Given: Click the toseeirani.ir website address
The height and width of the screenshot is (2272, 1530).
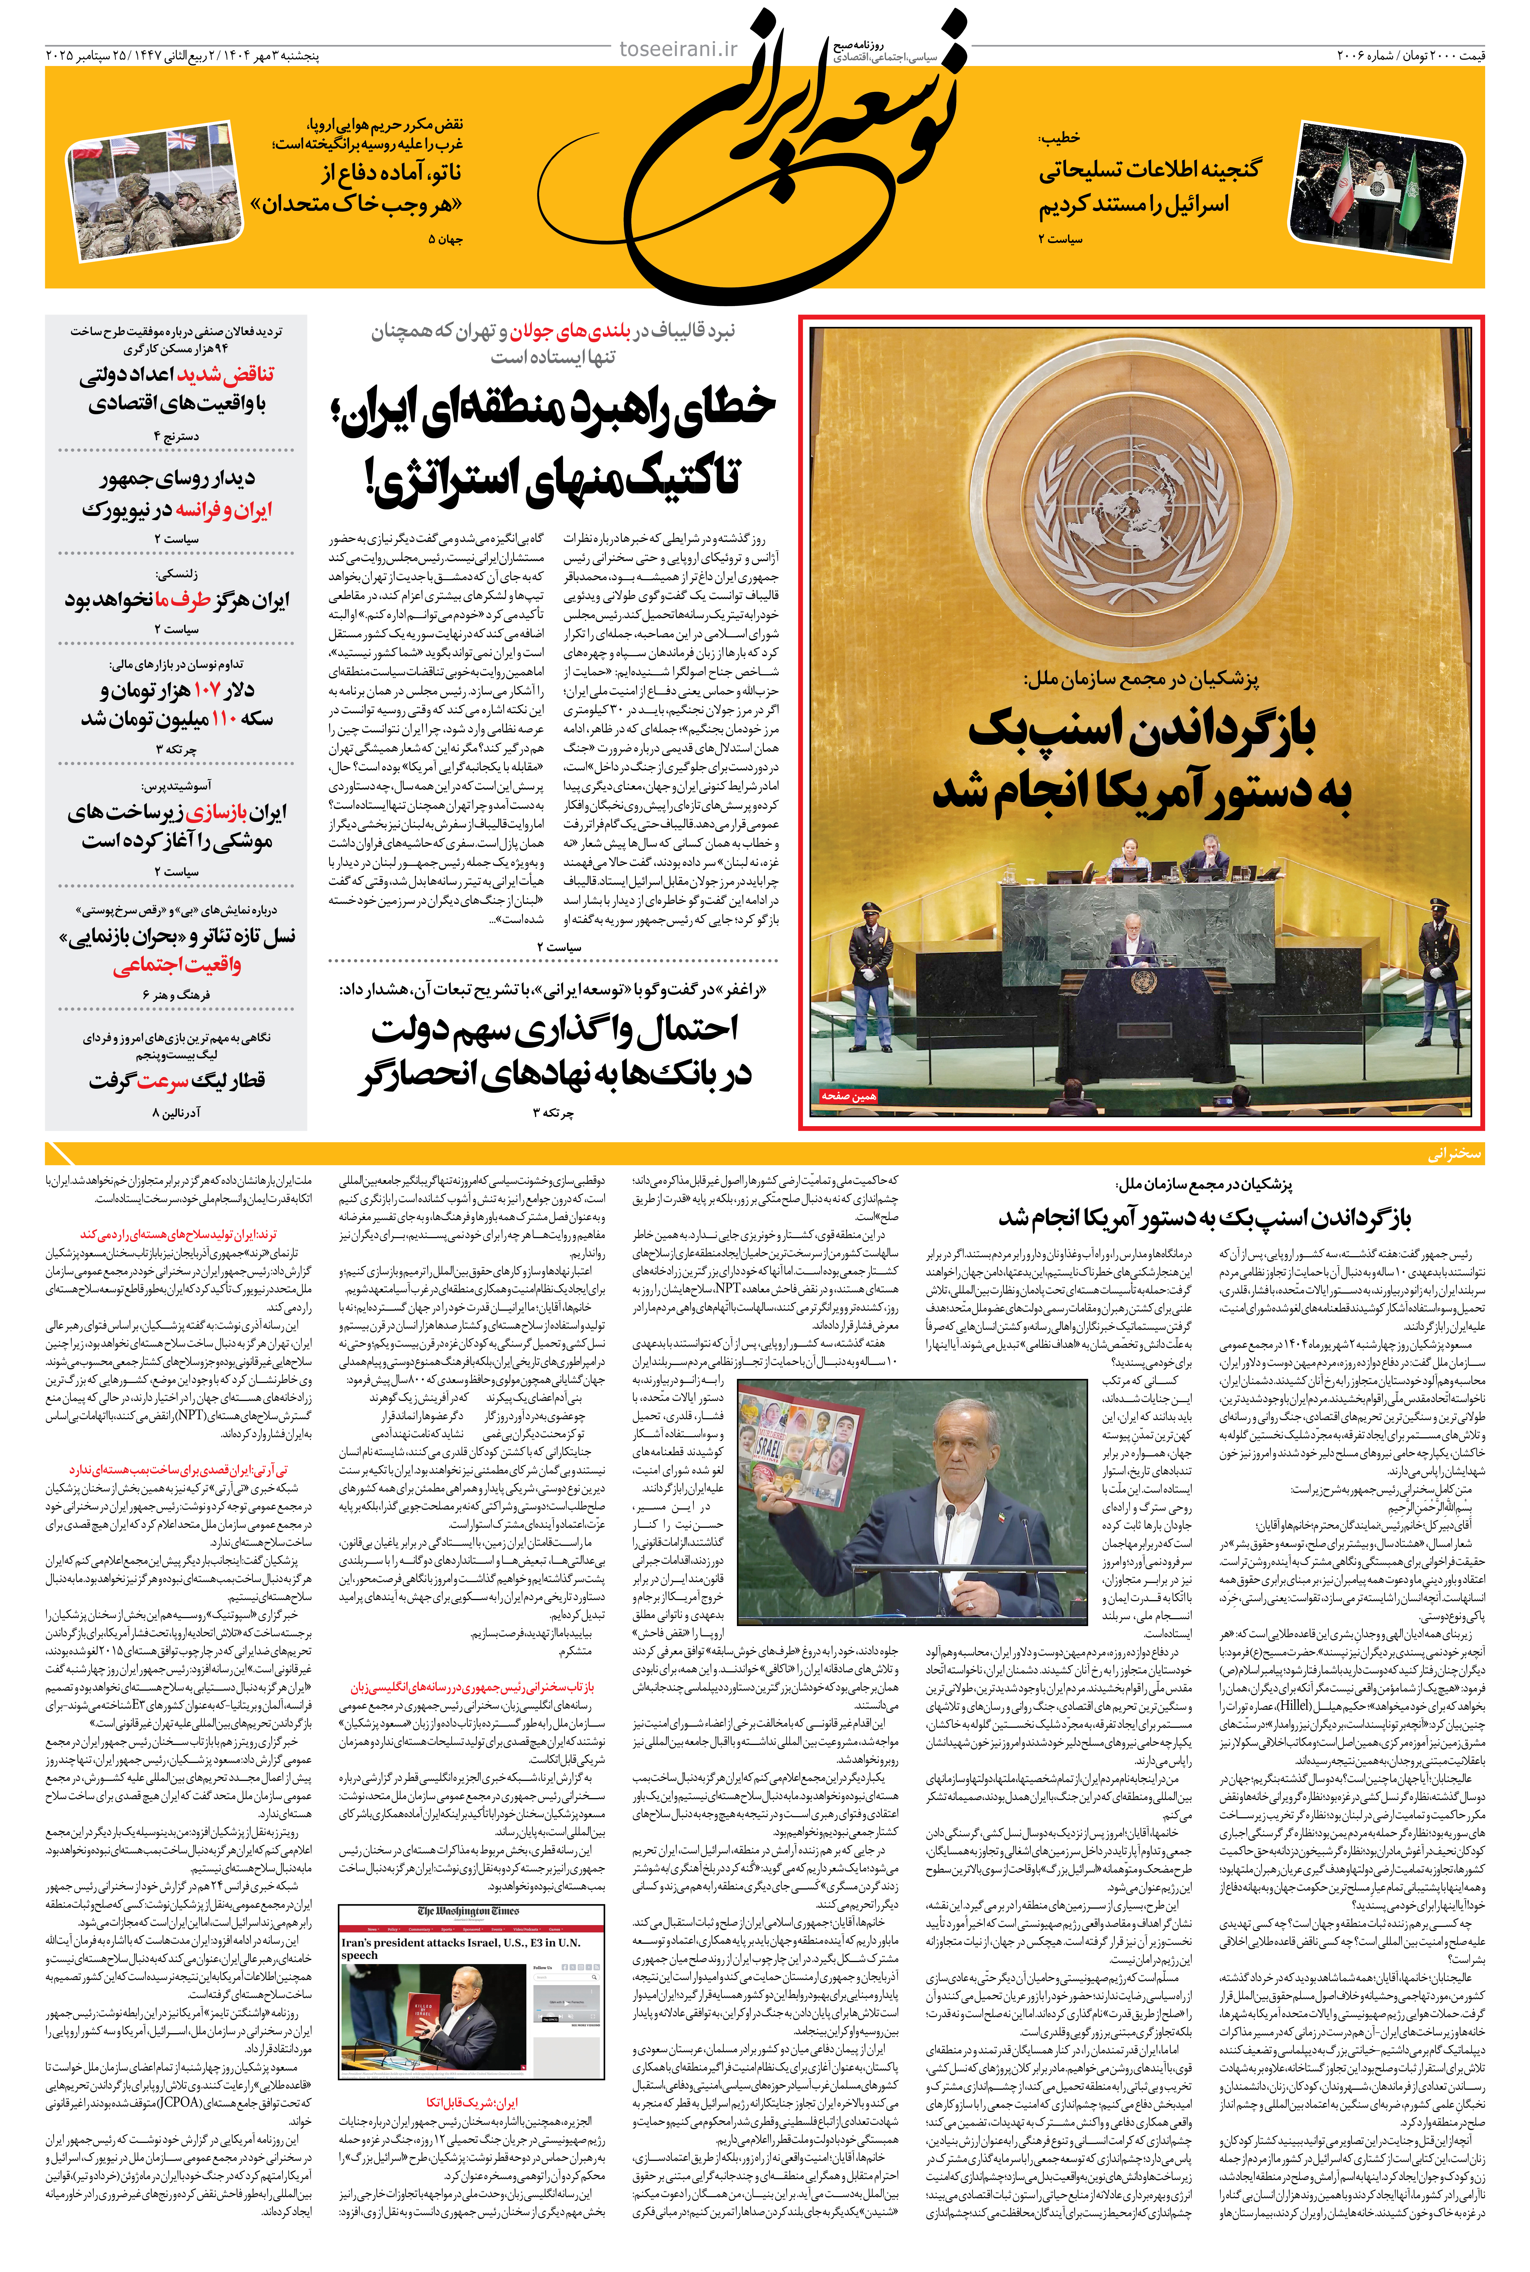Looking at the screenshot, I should (x=679, y=49).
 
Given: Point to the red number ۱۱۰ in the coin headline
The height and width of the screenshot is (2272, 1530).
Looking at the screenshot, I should (x=223, y=719).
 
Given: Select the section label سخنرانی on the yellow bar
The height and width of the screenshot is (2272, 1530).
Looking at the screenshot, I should (x=1454, y=1153).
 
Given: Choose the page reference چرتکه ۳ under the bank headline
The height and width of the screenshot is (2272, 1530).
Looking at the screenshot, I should (x=553, y=1112).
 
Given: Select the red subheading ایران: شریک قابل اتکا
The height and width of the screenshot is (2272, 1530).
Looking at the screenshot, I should (x=471, y=2102).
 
